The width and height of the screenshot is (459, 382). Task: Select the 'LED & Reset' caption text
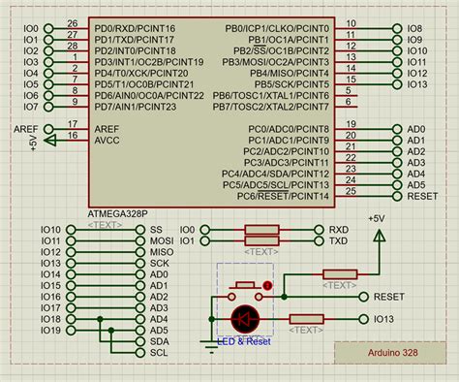[x=244, y=340]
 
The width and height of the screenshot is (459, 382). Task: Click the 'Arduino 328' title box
[x=394, y=352]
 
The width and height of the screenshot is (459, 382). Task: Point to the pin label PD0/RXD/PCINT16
[x=136, y=29]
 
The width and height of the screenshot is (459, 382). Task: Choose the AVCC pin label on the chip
[x=107, y=139]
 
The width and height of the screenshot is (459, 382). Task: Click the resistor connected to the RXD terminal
[x=262, y=230]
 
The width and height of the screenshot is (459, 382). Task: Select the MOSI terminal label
[x=161, y=240]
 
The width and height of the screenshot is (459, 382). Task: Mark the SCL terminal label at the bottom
[x=159, y=352]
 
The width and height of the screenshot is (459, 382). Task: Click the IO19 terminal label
[x=50, y=330]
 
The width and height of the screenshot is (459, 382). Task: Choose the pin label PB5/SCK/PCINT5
[x=290, y=84]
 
